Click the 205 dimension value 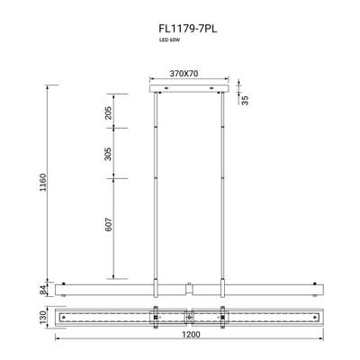108,112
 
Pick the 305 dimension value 108,154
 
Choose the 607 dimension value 108,228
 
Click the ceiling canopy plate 186,88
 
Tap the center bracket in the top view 186,317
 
